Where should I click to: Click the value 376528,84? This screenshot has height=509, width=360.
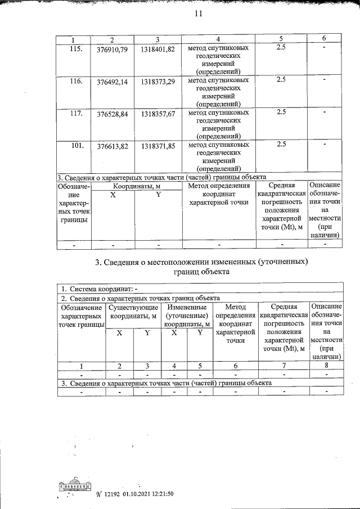tap(112, 114)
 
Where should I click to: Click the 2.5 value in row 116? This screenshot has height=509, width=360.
tap(281, 80)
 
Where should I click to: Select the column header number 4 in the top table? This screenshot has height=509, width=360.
tap(218, 39)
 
